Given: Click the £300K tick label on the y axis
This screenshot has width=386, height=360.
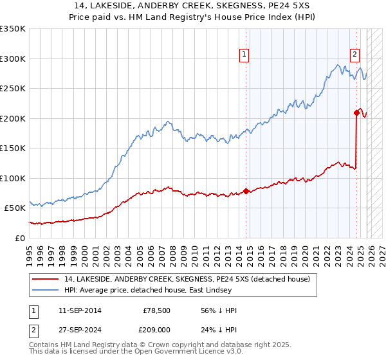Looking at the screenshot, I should [x=13, y=59].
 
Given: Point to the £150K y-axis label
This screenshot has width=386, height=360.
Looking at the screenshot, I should [x=13, y=148].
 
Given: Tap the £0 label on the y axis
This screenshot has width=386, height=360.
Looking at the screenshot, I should [x=19, y=238].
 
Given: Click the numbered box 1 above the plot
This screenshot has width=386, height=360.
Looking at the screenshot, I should [x=245, y=55].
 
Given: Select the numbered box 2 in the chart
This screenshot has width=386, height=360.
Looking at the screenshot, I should [x=354, y=55].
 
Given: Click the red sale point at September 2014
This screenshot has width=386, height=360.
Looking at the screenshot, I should [x=246, y=191].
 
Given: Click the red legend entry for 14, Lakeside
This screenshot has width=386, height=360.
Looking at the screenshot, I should [x=187, y=279].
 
